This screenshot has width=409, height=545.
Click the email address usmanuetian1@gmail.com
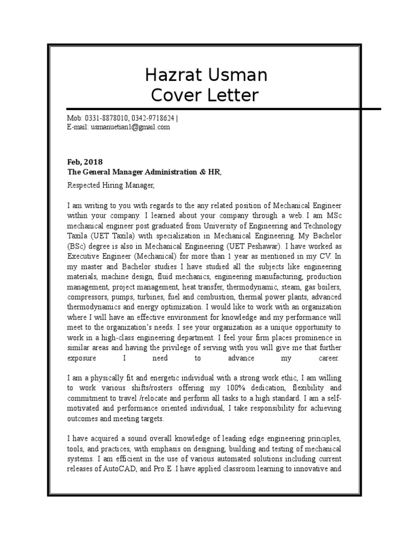coord(130,127)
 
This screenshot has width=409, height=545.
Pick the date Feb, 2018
coord(85,162)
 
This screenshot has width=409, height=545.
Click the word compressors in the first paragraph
coord(87,297)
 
